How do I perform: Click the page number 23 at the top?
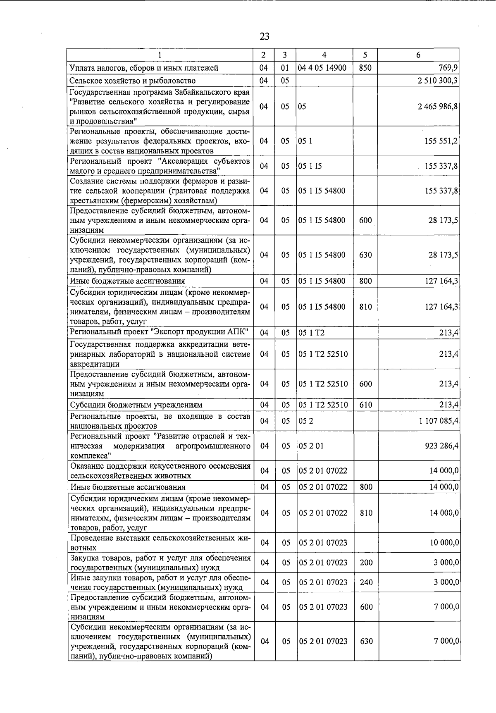click(265, 36)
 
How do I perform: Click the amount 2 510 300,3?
click(437, 81)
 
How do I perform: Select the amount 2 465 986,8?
click(437, 107)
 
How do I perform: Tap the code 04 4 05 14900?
click(322, 68)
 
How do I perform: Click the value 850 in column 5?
click(365, 68)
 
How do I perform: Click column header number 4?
click(324, 55)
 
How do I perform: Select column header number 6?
click(418, 55)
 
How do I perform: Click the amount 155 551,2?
click(441, 141)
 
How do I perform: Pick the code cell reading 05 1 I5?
click(310, 166)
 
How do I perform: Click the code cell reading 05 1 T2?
click(311, 332)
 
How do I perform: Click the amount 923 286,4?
click(441, 446)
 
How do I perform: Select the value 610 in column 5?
click(366, 405)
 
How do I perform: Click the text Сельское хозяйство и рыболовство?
click(132, 81)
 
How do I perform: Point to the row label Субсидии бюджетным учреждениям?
click(136, 405)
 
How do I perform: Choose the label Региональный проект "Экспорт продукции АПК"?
click(159, 332)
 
